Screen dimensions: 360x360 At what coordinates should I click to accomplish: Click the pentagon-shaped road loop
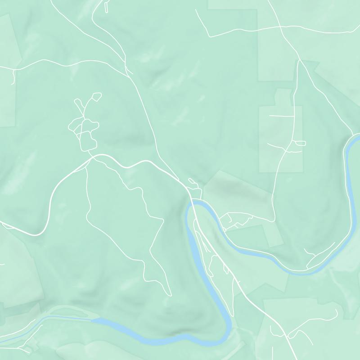point(95,97)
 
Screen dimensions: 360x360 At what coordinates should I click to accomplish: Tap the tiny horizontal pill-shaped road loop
point(300,143)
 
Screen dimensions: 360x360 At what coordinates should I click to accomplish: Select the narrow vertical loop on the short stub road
point(107,7)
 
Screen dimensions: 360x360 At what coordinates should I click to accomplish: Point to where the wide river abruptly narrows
point(92,320)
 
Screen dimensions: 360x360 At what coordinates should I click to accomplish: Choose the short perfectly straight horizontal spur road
point(282,116)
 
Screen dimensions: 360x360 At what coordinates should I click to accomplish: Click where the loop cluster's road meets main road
point(92,156)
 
